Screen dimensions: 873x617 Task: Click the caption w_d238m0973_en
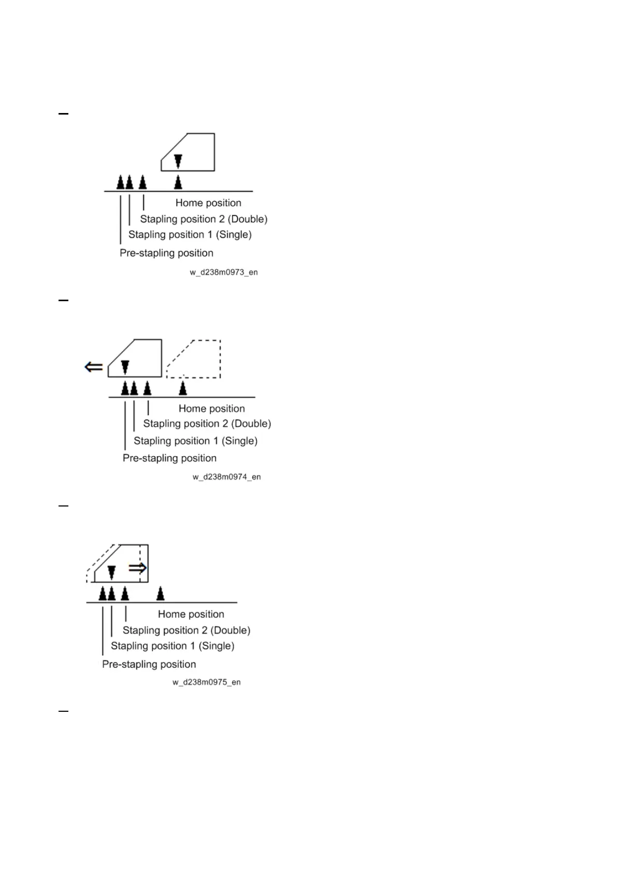click(223, 272)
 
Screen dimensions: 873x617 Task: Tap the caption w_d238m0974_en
click(226, 477)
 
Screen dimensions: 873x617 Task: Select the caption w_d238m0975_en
click(206, 682)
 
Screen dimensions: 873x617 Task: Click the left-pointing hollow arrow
click(94, 367)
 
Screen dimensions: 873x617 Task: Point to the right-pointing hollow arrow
click(138, 568)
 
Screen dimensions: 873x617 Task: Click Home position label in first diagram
click(208, 203)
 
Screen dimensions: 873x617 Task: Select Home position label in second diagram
click(211, 409)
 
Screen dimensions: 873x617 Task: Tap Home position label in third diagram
click(191, 614)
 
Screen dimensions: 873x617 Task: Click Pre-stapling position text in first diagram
click(166, 253)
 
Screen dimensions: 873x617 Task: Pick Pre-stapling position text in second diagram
click(169, 458)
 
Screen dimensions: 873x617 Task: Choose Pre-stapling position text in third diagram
click(149, 664)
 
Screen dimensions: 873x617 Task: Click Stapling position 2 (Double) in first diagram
click(204, 219)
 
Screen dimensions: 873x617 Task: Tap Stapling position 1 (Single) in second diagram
click(195, 441)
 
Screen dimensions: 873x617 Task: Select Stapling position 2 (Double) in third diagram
click(186, 630)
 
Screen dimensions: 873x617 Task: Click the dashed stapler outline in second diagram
click(194, 359)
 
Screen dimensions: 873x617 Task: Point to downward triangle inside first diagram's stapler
click(178, 161)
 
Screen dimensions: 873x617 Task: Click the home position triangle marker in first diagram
click(178, 182)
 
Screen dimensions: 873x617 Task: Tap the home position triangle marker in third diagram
click(161, 593)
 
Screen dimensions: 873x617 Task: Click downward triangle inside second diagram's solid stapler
click(125, 367)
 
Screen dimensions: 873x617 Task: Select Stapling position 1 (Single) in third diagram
click(173, 646)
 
